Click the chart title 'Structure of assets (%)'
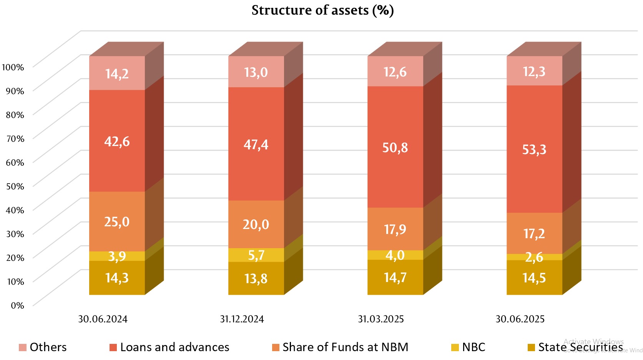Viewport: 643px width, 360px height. [322, 10]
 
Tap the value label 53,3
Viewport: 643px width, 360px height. [534, 149]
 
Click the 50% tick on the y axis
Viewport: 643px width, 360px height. [15, 186]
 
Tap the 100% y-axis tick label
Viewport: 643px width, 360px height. [13, 67]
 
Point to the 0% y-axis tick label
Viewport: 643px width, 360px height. [17, 305]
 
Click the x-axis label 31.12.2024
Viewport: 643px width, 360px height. [242, 319]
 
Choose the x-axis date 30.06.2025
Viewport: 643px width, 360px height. [520, 319]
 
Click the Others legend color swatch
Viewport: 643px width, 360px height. [23, 348]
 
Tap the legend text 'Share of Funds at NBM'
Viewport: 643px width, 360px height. [345, 347]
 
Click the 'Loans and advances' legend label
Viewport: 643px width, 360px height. [174, 347]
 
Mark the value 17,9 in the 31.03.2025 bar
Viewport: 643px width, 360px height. [395, 230]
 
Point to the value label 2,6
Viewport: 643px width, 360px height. [534, 257]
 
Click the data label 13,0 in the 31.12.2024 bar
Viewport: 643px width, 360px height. [256, 72]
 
